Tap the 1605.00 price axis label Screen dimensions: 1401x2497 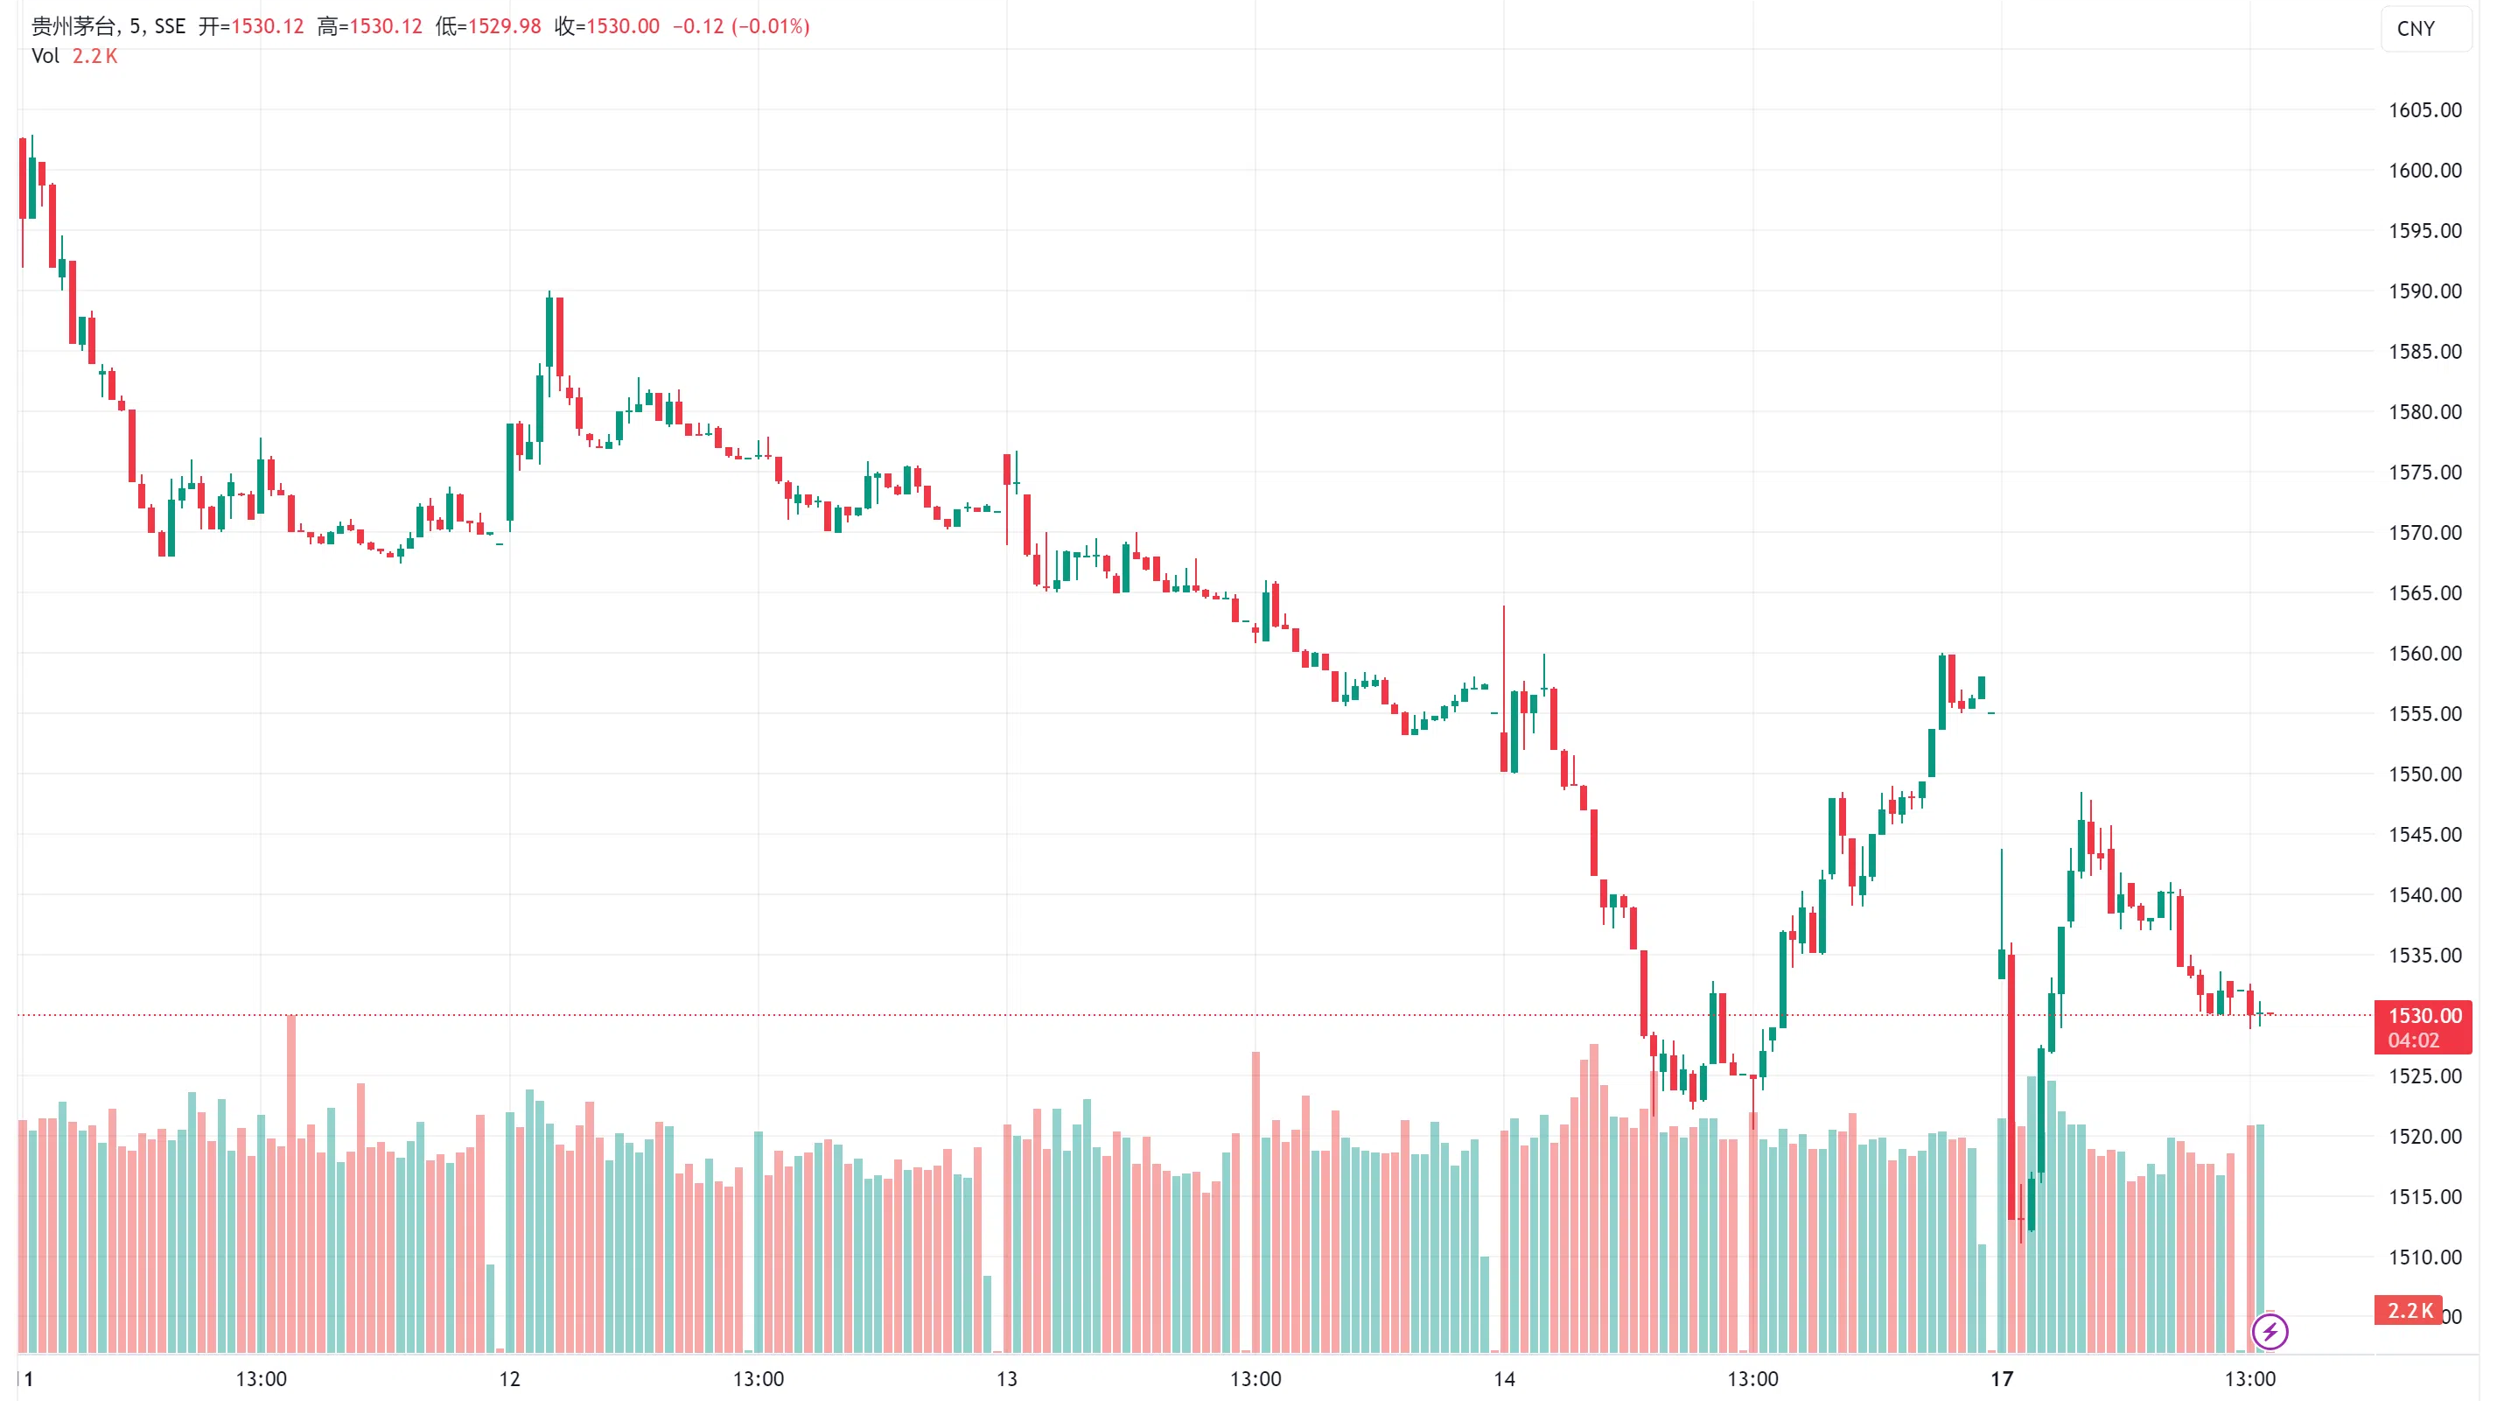click(2424, 109)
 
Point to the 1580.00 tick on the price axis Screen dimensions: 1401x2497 click(2424, 412)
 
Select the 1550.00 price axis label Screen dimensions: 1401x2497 click(2424, 774)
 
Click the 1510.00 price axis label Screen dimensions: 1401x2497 click(2424, 1257)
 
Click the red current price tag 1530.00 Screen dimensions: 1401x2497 click(2423, 1016)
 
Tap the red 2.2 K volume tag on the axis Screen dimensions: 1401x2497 click(2408, 1311)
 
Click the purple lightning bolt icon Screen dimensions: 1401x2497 click(2270, 1331)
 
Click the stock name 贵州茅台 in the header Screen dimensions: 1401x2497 click(73, 26)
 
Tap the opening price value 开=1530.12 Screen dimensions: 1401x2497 click(251, 26)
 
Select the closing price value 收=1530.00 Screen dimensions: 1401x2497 click(607, 26)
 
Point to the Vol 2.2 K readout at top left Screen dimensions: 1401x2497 click(74, 56)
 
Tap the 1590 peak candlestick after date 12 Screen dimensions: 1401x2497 click(549, 330)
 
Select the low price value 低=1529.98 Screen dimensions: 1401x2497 click(487, 26)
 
